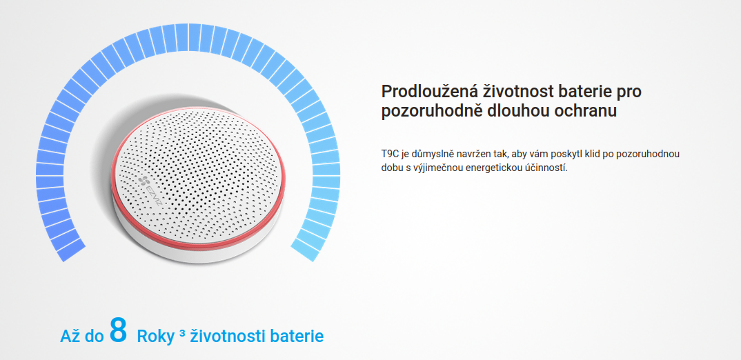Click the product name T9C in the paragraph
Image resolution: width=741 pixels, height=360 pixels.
389,154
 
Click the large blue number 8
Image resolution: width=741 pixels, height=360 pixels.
118,330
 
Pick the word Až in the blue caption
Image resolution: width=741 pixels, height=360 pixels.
68,336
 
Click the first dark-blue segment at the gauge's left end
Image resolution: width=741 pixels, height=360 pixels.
71,250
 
